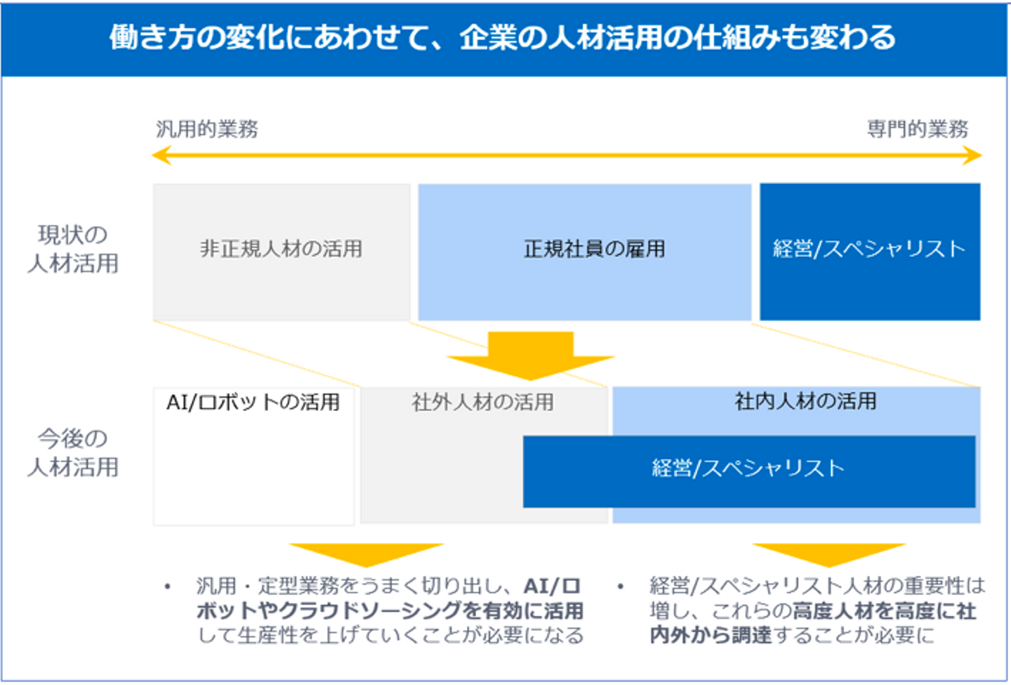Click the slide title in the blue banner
(x=502, y=37)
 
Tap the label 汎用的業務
(x=207, y=129)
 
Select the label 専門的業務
(x=918, y=129)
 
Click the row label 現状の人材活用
(x=73, y=249)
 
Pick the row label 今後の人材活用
(x=73, y=453)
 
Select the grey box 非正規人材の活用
(x=281, y=249)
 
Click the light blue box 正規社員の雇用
(x=584, y=249)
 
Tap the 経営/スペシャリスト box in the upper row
(x=869, y=249)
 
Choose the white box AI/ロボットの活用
(x=253, y=457)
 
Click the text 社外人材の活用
(x=483, y=403)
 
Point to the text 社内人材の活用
(x=805, y=401)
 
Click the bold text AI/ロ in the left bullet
(x=552, y=586)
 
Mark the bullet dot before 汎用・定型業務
(x=167, y=587)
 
